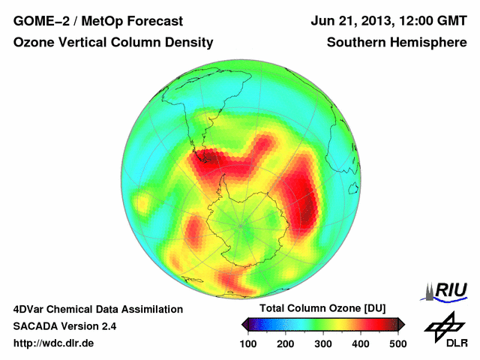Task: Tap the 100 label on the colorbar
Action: click(248, 343)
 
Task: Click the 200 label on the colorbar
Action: click(286, 343)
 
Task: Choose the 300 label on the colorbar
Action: click(323, 343)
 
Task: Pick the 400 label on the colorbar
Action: click(361, 343)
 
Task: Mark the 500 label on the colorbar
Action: click(397, 343)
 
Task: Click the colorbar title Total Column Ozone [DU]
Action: click(322, 309)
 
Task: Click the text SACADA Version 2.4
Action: click(64, 326)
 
